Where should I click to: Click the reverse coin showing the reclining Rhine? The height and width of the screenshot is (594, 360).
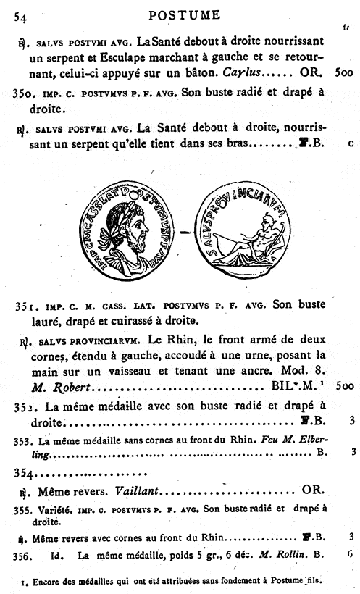point(241,234)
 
